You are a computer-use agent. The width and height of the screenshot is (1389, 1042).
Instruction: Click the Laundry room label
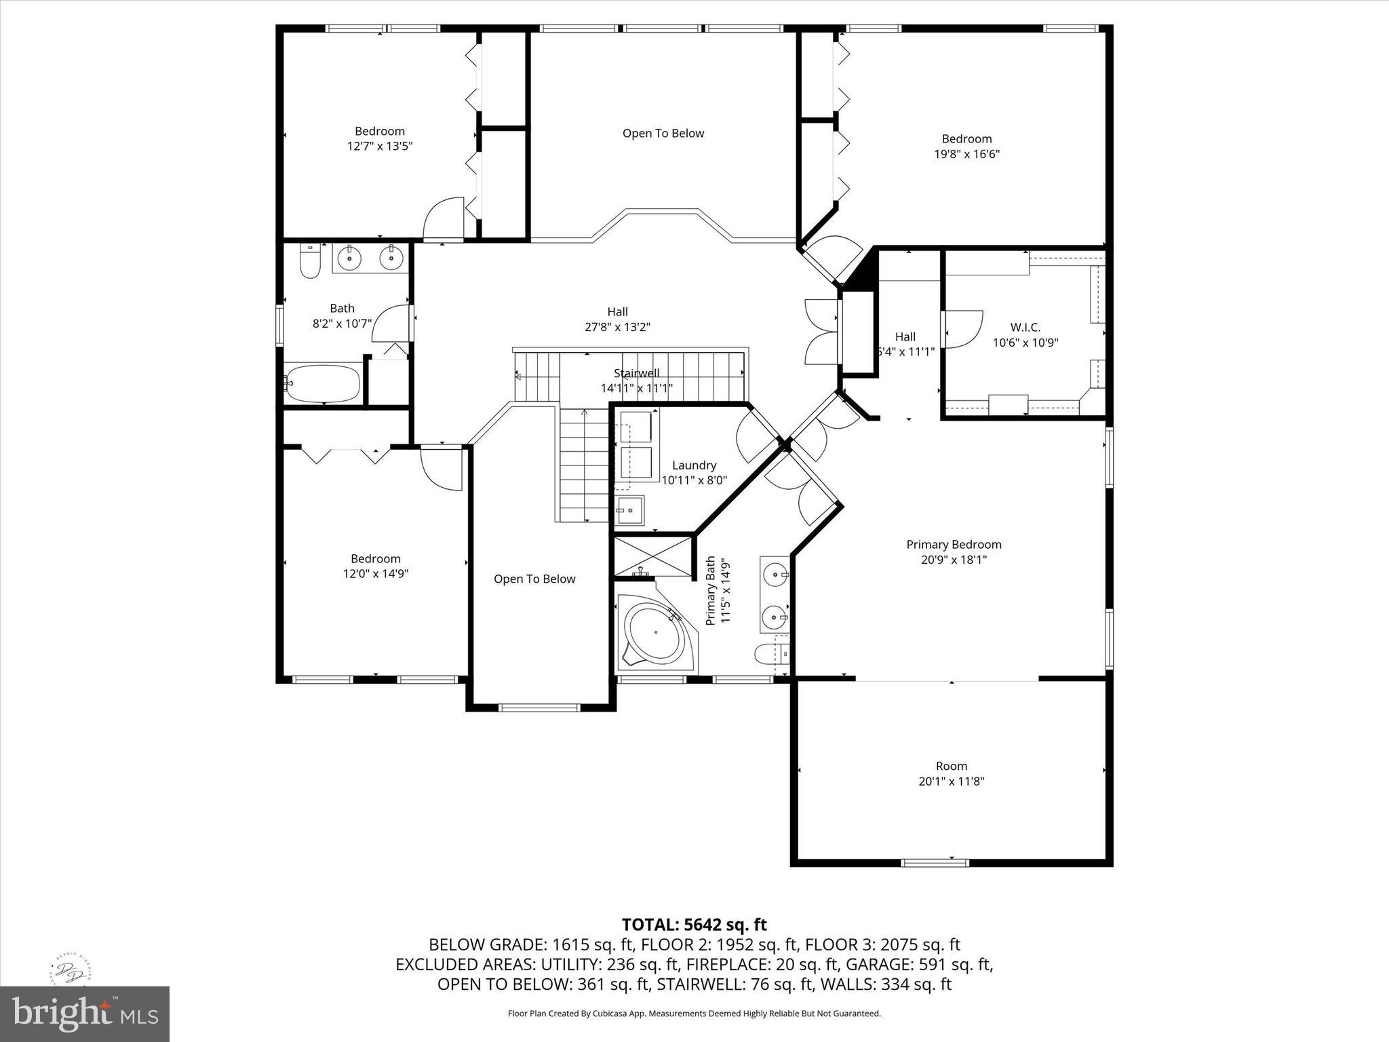click(x=694, y=465)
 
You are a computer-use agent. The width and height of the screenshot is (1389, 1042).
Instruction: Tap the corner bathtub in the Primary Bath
click(x=654, y=634)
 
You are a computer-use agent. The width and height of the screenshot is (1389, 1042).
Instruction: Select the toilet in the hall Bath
click(x=310, y=261)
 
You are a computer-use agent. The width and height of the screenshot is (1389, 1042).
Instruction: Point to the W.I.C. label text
click(x=1025, y=328)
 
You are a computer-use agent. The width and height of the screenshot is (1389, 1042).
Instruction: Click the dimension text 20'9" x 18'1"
click(x=954, y=560)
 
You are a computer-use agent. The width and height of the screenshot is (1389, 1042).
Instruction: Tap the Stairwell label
click(x=636, y=373)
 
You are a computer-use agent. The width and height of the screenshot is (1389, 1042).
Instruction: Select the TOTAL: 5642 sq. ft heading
click(x=694, y=925)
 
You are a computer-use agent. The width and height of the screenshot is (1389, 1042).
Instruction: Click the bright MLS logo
click(x=85, y=1014)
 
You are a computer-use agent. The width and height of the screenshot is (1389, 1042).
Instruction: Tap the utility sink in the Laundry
click(x=630, y=509)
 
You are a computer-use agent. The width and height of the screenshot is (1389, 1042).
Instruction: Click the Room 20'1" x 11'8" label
click(x=951, y=773)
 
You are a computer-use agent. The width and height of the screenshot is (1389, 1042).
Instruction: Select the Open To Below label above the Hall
click(x=663, y=134)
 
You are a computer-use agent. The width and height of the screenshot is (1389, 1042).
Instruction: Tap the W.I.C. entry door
click(x=962, y=330)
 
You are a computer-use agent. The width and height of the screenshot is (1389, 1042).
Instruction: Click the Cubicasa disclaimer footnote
click(x=694, y=1014)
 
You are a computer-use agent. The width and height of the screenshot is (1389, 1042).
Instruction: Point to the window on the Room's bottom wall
click(x=935, y=863)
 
